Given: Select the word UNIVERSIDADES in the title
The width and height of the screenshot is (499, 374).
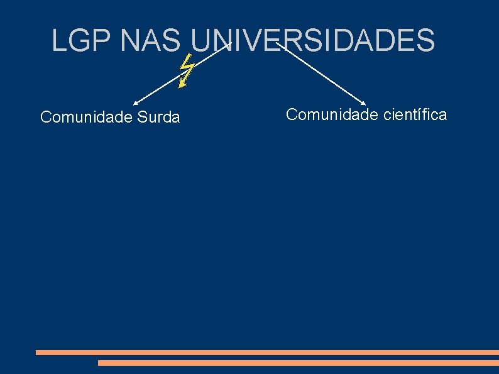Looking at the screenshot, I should (x=312, y=40).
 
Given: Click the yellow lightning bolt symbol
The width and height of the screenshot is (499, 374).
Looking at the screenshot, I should (x=185, y=70).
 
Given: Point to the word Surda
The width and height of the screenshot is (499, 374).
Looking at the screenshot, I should (x=159, y=118).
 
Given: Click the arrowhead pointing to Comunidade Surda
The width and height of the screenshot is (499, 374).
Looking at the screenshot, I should (x=135, y=102).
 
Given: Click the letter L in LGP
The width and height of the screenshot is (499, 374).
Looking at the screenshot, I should (x=58, y=40).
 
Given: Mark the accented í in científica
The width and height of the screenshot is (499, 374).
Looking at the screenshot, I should (x=415, y=114).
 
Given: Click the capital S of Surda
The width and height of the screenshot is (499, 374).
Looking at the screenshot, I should (x=140, y=118).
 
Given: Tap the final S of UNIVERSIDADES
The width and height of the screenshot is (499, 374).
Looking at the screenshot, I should (x=425, y=40).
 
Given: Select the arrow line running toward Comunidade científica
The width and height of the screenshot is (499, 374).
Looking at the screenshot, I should (x=321, y=74).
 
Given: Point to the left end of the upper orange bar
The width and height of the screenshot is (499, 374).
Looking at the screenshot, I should (x=38, y=353).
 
